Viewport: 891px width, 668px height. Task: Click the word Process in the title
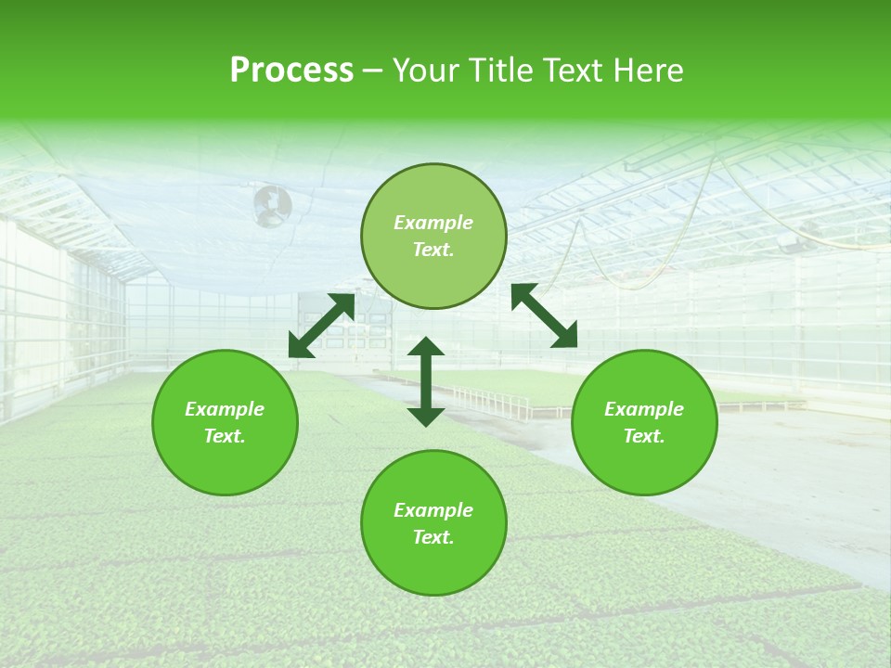(x=291, y=71)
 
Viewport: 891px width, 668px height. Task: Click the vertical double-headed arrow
(x=426, y=381)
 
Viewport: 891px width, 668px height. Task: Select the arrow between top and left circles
(x=321, y=325)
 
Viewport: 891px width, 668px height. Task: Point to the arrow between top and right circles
(x=544, y=315)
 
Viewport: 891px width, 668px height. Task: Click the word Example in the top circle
(x=433, y=223)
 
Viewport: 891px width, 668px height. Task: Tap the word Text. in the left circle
(x=225, y=436)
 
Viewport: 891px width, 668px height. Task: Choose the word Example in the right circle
(x=644, y=409)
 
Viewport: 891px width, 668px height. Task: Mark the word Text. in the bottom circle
(x=433, y=537)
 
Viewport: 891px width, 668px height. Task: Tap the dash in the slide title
(x=373, y=71)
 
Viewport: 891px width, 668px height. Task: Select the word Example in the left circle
(x=225, y=409)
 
